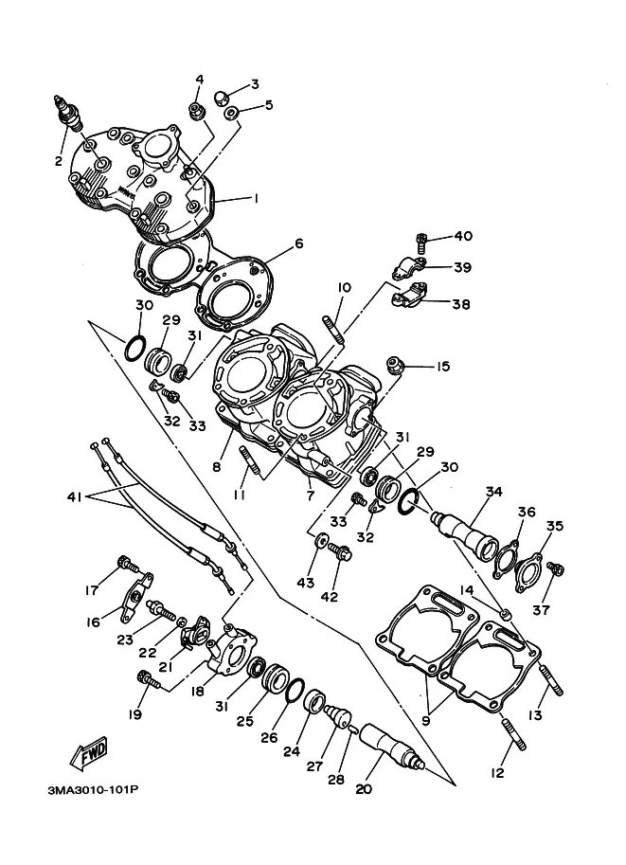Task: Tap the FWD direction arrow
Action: pos(89,752)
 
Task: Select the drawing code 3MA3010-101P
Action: pos(93,790)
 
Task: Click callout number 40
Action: pos(463,236)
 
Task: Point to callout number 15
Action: pos(443,367)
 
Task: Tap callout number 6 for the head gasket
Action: pos(299,243)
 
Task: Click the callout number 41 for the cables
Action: pos(74,497)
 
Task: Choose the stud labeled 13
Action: pos(549,680)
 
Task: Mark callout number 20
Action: pos(364,789)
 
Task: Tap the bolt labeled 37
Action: pos(555,568)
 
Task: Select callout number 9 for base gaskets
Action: pos(426,722)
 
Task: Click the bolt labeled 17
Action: pos(128,565)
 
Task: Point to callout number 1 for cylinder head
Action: pos(256,198)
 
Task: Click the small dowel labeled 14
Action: pos(504,613)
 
